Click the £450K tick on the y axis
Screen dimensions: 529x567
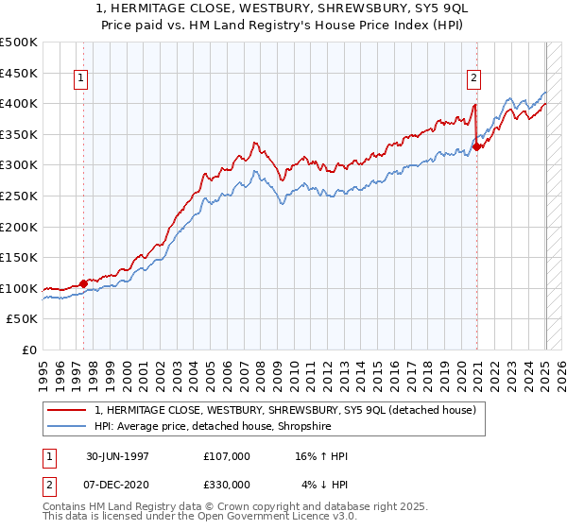[19, 73]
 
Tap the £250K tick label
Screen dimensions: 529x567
[19, 196]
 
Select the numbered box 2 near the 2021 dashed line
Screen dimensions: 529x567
[473, 79]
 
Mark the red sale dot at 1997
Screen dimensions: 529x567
[84, 282]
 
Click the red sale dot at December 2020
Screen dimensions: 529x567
[477, 146]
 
